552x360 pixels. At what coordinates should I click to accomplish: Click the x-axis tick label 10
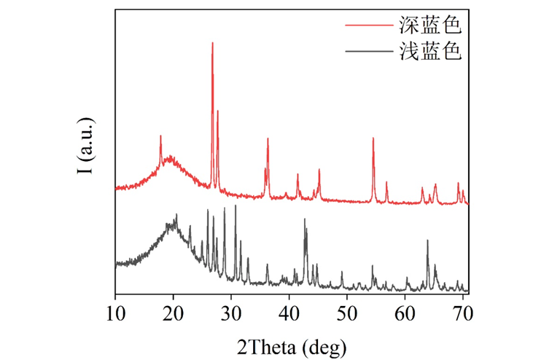click(115, 314)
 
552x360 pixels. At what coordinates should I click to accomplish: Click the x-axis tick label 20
click(173, 314)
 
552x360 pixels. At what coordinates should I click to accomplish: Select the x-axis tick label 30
click(231, 314)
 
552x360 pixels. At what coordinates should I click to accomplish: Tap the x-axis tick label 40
click(289, 314)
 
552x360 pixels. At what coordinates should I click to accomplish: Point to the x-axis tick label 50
click(347, 314)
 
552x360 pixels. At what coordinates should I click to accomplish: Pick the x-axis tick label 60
click(405, 314)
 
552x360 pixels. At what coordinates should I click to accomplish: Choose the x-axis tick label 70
click(462, 314)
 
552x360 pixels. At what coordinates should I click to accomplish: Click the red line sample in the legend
click(368, 27)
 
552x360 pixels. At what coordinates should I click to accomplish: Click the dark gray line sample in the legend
click(368, 52)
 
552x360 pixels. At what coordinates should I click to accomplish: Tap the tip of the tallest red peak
click(212, 42)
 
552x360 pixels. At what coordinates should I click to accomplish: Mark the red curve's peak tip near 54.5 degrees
click(373, 138)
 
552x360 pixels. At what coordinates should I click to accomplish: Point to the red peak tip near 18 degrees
click(160, 136)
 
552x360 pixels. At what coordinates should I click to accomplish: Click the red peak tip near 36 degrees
click(268, 138)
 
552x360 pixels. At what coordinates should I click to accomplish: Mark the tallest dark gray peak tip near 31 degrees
click(235, 206)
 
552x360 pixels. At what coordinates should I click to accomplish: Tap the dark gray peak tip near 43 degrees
click(304, 219)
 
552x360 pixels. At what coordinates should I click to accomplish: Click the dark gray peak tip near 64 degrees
click(427, 240)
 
